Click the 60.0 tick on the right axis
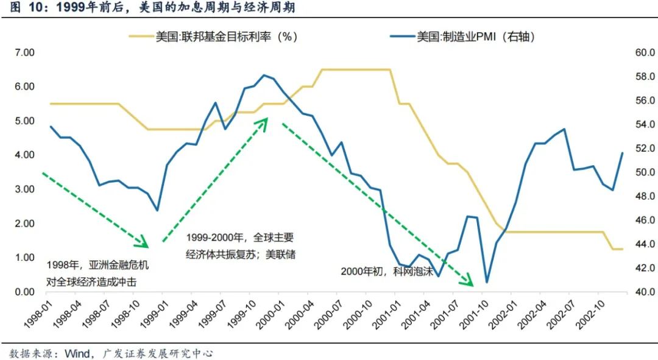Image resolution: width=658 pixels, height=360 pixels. click(x=644, y=53)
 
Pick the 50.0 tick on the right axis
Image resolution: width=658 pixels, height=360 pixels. click(x=644, y=172)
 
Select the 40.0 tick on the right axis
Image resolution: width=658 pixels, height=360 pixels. click(x=644, y=292)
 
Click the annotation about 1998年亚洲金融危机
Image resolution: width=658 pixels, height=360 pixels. click(x=97, y=274)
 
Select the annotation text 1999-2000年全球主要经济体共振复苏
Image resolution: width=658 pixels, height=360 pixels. click(x=240, y=246)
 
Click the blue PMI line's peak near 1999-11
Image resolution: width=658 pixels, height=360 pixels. click(x=263, y=75)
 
